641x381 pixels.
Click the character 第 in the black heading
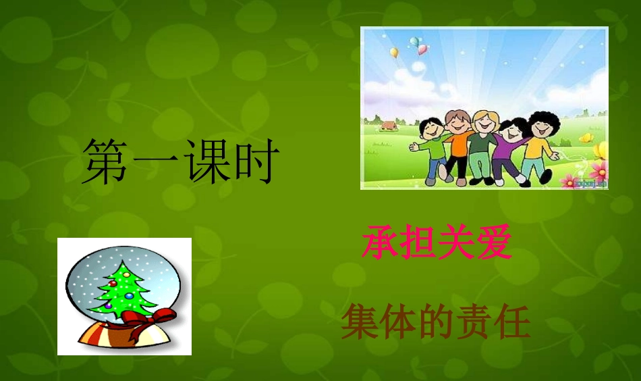tap(105, 162)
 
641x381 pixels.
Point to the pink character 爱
tap(493, 244)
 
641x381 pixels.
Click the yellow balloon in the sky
tap(394, 52)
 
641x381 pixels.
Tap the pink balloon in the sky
tap(422, 49)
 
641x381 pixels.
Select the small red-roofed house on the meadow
tap(387, 125)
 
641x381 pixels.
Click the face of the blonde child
tap(483, 123)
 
